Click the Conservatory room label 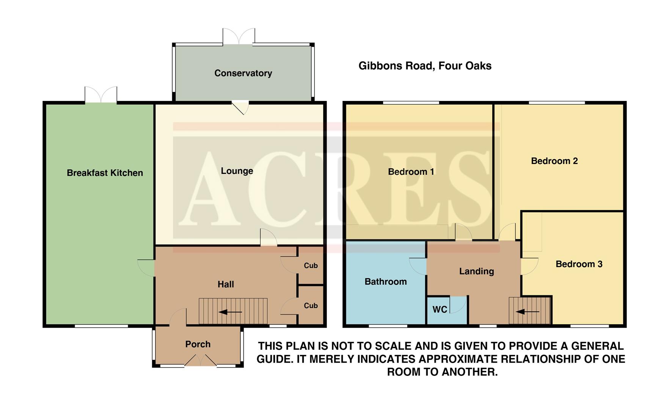pyautogui.click(x=243, y=73)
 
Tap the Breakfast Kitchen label pyautogui.click(x=105, y=173)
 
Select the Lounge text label pyautogui.click(x=237, y=171)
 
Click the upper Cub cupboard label pyautogui.click(x=311, y=266)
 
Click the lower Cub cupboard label pyautogui.click(x=311, y=306)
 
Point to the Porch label pyautogui.click(x=198, y=344)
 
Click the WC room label pyautogui.click(x=440, y=310)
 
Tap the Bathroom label pyautogui.click(x=385, y=282)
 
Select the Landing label pyautogui.click(x=476, y=271)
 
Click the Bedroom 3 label pyautogui.click(x=579, y=264)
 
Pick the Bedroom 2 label pyautogui.click(x=554, y=161)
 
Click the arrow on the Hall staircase pyautogui.click(x=230, y=312)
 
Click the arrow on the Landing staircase pyautogui.click(x=528, y=312)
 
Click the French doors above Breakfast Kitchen pyautogui.click(x=101, y=95)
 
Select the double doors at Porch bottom pyautogui.click(x=201, y=361)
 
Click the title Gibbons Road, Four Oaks pyautogui.click(x=425, y=66)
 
